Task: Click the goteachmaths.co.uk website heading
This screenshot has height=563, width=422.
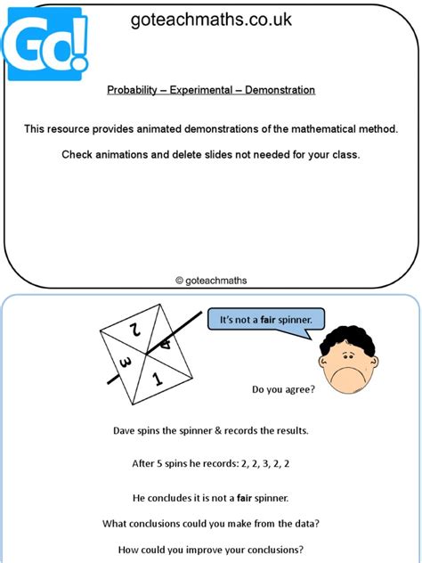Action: (x=210, y=20)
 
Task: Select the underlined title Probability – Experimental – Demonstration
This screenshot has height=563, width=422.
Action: (x=211, y=90)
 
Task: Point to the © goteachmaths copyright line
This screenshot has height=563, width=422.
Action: (x=211, y=280)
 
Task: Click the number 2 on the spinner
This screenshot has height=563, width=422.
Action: (x=136, y=330)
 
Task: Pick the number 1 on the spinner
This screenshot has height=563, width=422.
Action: (x=158, y=379)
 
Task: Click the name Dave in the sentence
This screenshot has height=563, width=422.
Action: (x=125, y=430)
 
